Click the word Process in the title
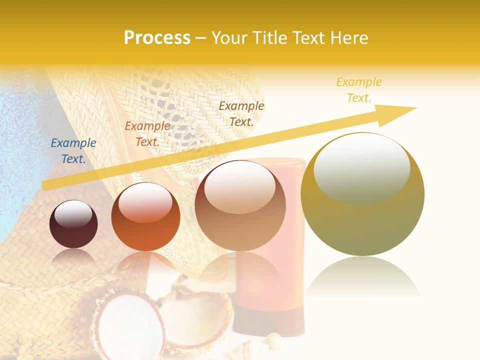(157, 38)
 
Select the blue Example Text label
(73, 151)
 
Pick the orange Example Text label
(147, 134)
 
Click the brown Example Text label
(241, 113)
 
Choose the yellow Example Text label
(359, 90)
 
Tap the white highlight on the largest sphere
(361, 162)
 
